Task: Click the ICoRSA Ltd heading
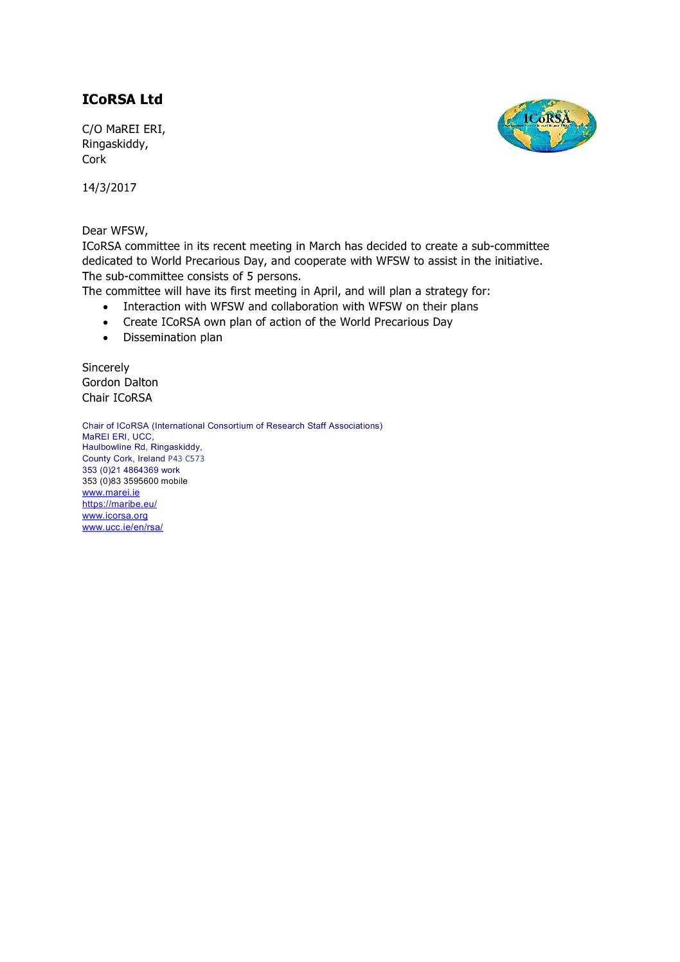coord(122,100)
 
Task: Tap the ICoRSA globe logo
coord(546,125)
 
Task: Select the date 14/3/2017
coord(109,188)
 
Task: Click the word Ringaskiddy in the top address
coord(114,144)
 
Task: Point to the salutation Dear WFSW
coord(114,231)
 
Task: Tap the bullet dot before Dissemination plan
coord(106,338)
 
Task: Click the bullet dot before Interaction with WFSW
coord(106,307)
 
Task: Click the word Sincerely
coord(105,368)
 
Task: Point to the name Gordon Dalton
coord(120,382)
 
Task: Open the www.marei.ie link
coord(111,493)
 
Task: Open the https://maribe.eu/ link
coord(119,504)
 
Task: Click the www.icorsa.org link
coord(114,516)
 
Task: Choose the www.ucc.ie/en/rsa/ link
coord(122,528)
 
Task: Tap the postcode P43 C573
coord(186,459)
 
